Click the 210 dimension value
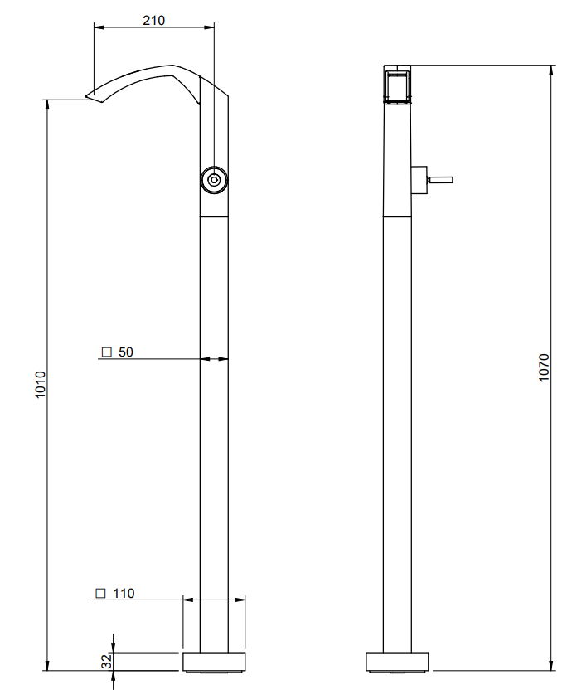pyautogui.click(x=153, y=20)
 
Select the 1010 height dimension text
pyautogui.click(x=41, y=385)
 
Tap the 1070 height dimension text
pyautogui.click(x=545, y=367)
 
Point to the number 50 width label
pyautogui.click(x=125, y=352)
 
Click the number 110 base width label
pyautogui.click(x=124, y=593)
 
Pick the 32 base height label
pyautogui.click(x=107, y=662)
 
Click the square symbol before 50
pyautogui.click(x=106, y=352)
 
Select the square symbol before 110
pyautogui.click(x=101, y=593)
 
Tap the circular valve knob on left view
pyautogui.click(x=214, y=180)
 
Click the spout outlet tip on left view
pyautogui.click(x=89, y=95)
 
